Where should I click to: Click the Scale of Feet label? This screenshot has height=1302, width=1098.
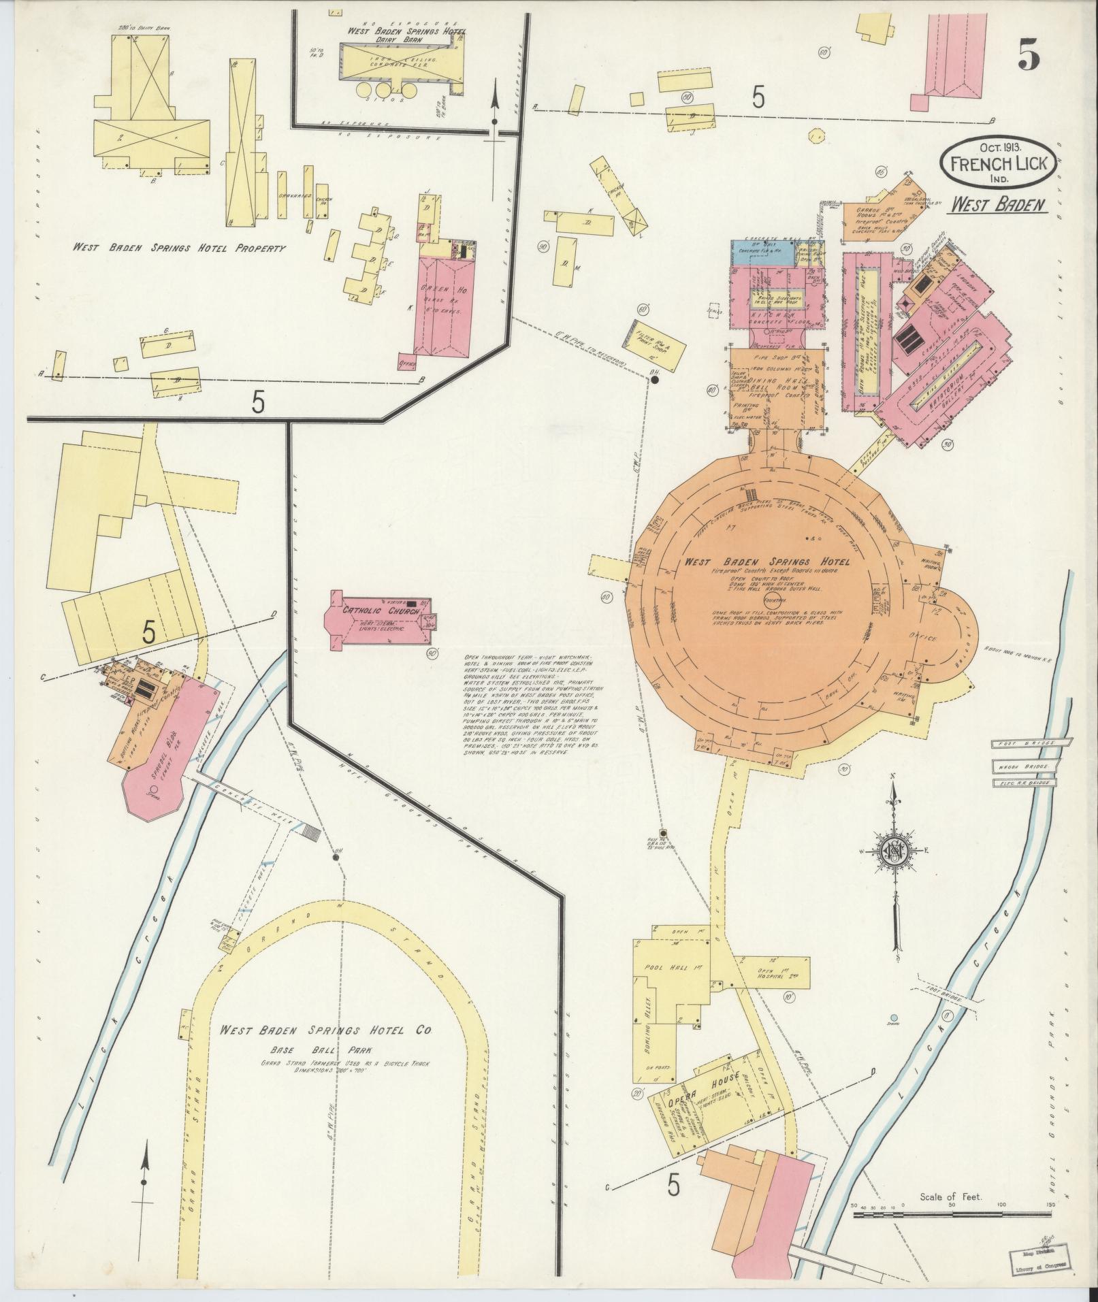[x=950, y=1197]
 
